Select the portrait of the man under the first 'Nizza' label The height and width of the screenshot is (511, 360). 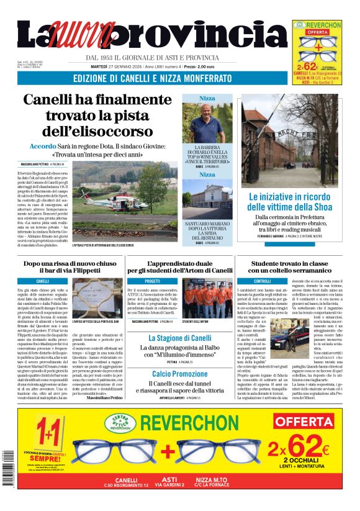point(207,122)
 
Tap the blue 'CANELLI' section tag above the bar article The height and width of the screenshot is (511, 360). point(43,281)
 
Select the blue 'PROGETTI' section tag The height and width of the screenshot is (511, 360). point(152,281)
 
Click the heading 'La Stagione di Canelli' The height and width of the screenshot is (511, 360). point(171,338)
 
